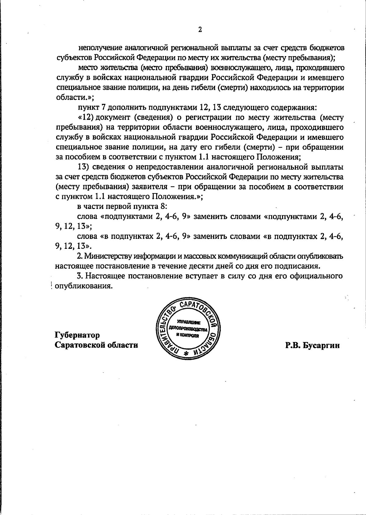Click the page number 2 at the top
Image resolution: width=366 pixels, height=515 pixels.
[200, 30]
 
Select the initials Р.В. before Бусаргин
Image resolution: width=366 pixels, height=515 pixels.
[293, 345]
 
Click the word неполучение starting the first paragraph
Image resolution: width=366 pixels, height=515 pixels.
[101, 48]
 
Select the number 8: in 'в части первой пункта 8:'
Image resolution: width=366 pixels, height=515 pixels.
[163, 206]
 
